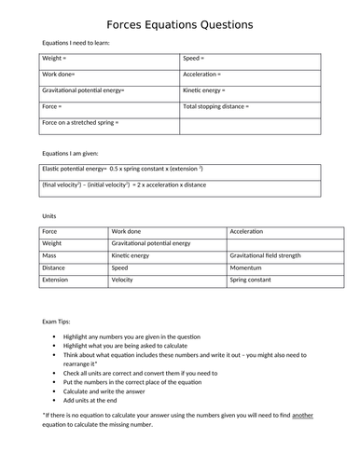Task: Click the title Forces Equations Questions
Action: point(179,24)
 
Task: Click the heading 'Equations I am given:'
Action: point(70,152)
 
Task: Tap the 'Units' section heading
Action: point(49,215)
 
